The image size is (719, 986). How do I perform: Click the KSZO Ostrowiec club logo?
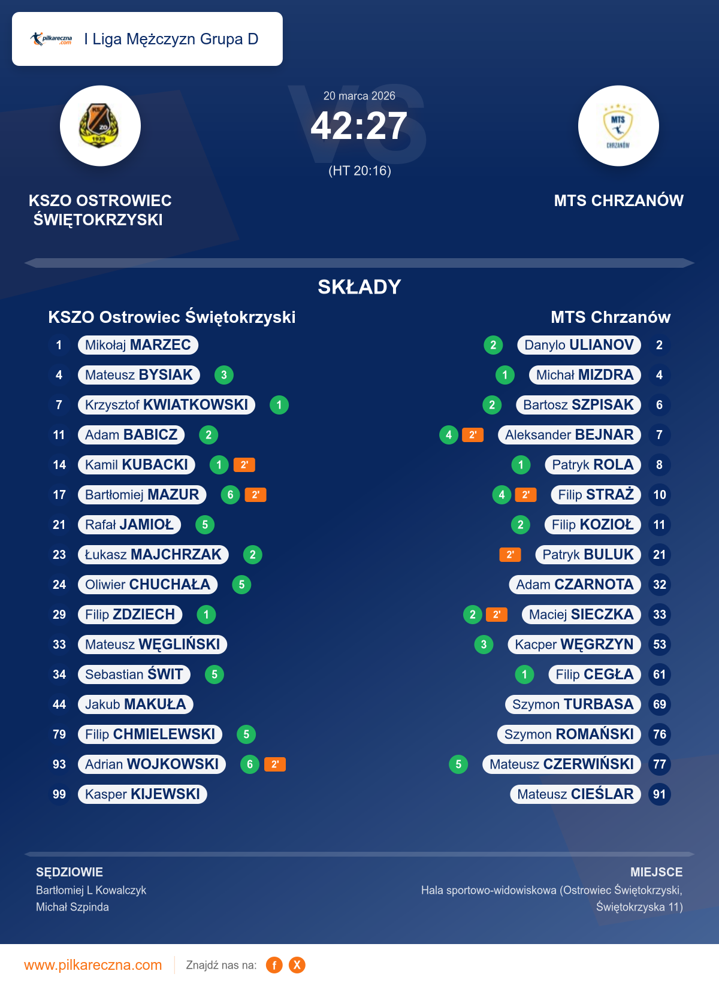click(100, 126)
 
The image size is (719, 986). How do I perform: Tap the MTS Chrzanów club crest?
click(618, 126)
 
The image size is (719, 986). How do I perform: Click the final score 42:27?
click(359, 126)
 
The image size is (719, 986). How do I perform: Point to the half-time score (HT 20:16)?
click(359, 171)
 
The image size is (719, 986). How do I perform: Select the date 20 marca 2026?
click(359, 96)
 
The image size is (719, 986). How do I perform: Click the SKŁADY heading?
click(359, 287)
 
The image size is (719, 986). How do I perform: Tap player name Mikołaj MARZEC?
click(138, 345)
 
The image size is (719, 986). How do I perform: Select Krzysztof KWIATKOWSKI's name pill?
click(167, 405)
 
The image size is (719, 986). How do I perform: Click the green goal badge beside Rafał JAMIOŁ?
click(205, 525)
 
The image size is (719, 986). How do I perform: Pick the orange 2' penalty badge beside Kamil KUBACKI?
click(244, 465)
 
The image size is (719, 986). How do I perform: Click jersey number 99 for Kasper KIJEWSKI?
click(59, 794)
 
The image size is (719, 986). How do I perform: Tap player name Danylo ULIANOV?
click(579, 345)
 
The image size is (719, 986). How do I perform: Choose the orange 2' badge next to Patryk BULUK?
click(510, 555)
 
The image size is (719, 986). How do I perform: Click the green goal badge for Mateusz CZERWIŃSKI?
click(458, 764)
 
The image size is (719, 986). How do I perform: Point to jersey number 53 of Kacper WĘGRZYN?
click(660, 645)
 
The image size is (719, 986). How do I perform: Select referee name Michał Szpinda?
click(72, 907)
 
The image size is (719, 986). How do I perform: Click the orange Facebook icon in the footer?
click(274, 965)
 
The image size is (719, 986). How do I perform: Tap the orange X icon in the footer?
click(297, 965)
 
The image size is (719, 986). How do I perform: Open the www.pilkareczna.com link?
click(93, 965)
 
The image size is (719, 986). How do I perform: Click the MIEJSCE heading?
click(656, 872)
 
